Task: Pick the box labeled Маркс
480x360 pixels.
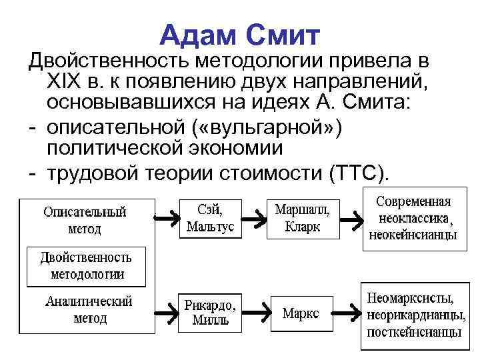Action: [x=301, y=313]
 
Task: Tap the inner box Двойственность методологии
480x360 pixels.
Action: [x=87, y=265]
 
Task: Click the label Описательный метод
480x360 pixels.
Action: [x=85, y=219]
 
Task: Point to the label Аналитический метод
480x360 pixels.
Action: [x=89, y=309]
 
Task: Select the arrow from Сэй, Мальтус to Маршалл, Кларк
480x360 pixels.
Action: [x=251, y=217]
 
